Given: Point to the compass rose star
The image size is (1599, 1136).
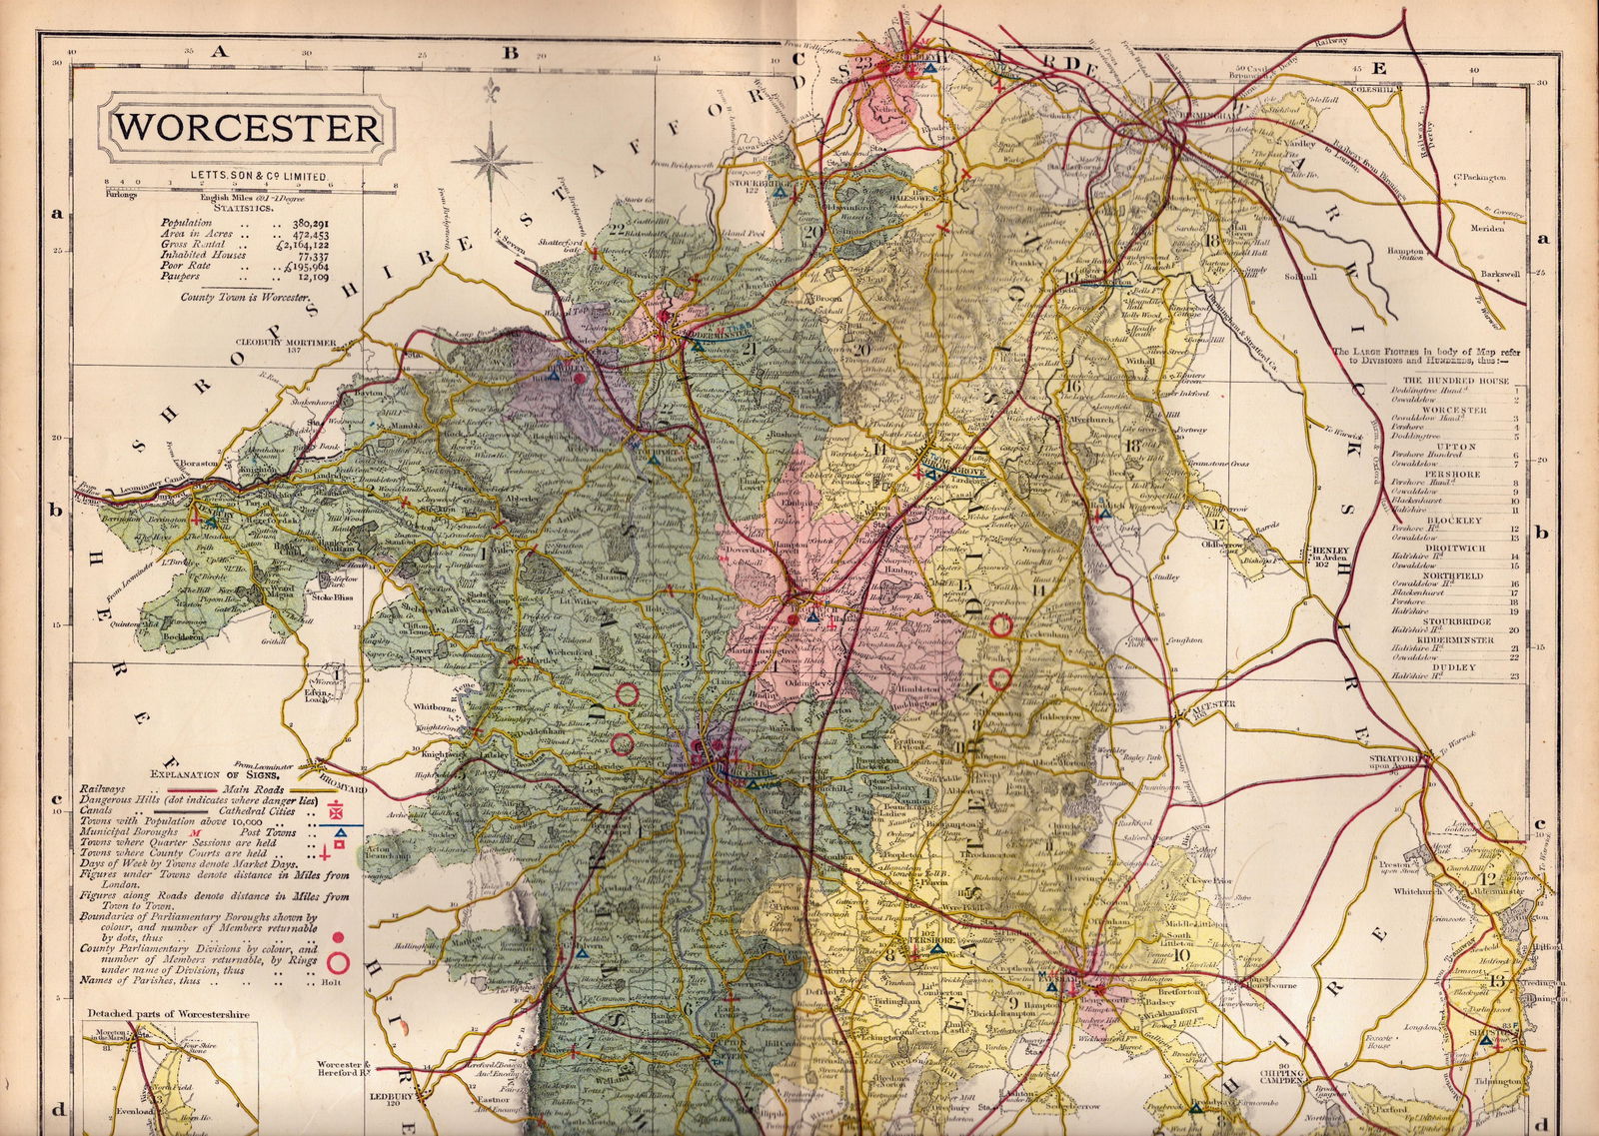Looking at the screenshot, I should click(x=491, y=157).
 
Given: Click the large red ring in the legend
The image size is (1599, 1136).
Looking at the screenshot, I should click(x=338, y=963).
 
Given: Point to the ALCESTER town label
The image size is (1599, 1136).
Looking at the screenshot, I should click(x=1213, y=703).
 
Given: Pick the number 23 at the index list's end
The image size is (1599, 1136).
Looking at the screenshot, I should click(x=1515, y=677).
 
